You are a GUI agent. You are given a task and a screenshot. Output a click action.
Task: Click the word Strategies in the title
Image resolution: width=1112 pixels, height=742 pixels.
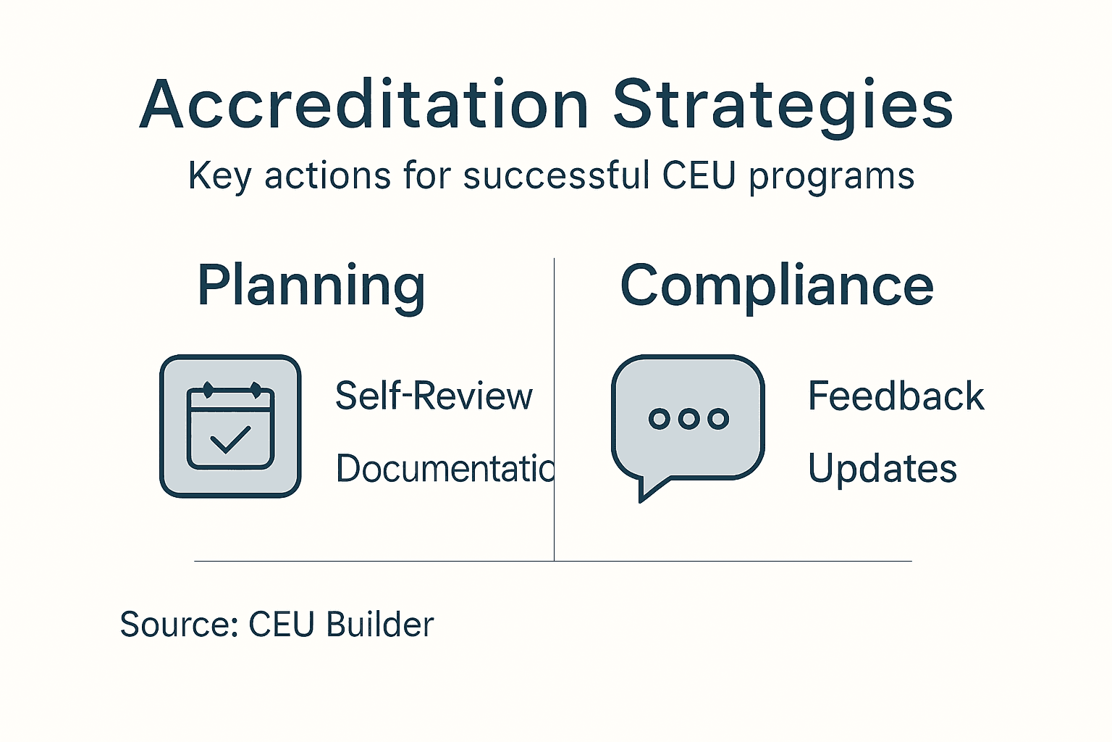[783, 106]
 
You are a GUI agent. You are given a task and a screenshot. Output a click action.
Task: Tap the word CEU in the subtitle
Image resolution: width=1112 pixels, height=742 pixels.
[699, 176]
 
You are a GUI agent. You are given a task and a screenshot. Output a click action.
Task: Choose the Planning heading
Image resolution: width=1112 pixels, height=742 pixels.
[311, 286]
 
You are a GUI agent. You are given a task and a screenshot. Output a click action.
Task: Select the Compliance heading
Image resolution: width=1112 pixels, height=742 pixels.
[777, 286]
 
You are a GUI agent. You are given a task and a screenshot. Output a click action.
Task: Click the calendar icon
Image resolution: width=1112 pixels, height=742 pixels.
[230, 426]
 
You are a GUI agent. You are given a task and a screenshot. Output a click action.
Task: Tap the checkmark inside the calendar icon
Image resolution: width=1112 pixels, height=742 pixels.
[229, 439]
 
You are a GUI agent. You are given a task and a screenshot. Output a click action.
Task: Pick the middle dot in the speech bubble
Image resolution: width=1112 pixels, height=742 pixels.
[688, 418]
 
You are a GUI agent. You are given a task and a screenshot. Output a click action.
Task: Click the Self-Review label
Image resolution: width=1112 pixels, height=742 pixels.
[434, 396]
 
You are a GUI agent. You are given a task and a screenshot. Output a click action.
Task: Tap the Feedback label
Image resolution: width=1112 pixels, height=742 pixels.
[896, 396]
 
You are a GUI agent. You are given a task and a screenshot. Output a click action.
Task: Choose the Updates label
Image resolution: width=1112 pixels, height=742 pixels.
[882, 469]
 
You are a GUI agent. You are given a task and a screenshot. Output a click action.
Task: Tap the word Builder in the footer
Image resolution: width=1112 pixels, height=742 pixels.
[380, 625]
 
